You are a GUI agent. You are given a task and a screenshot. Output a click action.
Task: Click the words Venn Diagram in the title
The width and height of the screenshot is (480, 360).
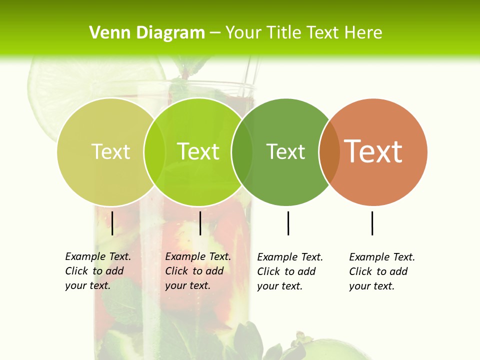click(147, 33)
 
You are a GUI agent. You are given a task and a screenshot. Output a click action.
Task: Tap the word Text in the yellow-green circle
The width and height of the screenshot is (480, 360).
click(110, 151)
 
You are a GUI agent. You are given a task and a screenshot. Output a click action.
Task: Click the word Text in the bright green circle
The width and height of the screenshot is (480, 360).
click(198, 151)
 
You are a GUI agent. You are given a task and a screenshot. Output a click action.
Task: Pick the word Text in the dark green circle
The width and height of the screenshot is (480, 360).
click(285, 152)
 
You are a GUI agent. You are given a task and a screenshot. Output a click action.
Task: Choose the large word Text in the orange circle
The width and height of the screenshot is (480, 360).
click(373, 151)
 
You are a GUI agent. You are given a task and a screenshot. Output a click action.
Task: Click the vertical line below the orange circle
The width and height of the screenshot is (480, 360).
click(372, 223)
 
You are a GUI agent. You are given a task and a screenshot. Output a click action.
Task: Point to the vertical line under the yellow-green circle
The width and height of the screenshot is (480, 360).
click(112, 223)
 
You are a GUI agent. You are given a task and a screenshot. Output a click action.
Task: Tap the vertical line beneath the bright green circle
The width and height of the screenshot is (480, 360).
click(200, 223)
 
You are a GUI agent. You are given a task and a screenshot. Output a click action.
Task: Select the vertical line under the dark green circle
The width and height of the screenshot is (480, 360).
click(288, 223)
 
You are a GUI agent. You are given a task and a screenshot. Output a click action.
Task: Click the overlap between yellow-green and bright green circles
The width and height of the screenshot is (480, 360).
click(154, 152)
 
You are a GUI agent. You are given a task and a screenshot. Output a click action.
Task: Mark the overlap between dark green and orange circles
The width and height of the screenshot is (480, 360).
click(329, 152)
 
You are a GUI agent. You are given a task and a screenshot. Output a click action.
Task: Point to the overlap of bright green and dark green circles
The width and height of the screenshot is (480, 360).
click(242, 152)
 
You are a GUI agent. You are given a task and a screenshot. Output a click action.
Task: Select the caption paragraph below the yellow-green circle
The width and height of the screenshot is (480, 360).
click(97, 271)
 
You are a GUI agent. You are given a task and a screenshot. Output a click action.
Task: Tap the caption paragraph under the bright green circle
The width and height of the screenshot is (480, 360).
click(197, 271)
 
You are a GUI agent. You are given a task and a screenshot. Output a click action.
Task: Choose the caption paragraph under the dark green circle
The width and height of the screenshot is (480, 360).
click(289, 271)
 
